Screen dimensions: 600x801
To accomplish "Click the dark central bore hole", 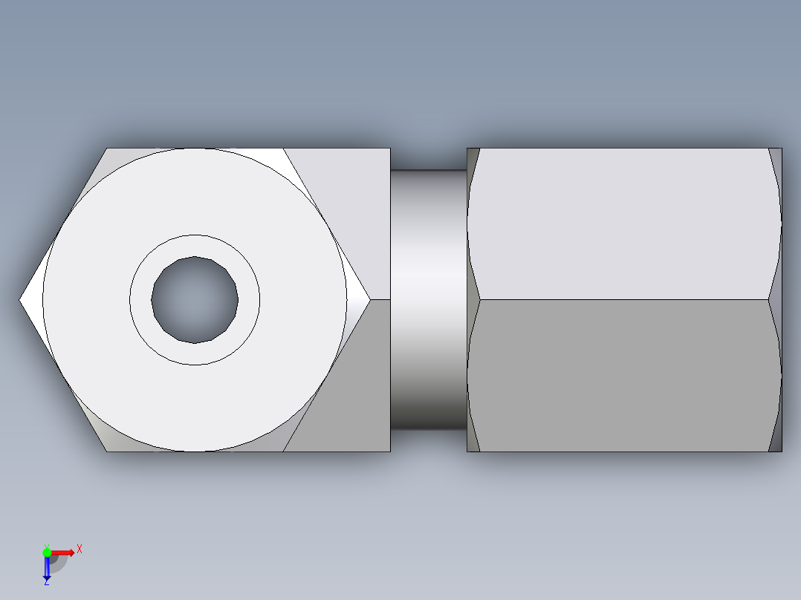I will point(195,300).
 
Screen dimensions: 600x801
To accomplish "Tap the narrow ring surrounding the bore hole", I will point(195,247).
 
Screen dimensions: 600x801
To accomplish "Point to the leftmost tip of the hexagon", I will point(22,300).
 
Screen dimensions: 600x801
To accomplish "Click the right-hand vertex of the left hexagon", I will point(369,300).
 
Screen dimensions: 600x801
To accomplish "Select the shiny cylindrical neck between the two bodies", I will point(428,300).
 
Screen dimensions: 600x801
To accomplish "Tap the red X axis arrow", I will point(64,552).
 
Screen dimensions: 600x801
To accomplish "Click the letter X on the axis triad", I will point(79,549).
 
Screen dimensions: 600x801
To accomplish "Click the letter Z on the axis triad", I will point(46,582).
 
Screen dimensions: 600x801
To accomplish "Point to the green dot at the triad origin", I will point(47,552).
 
